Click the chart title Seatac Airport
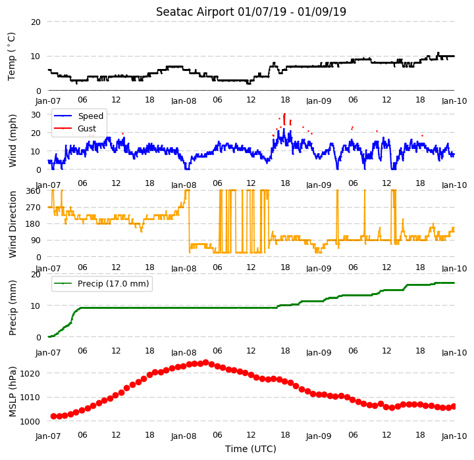(x=195, y=12)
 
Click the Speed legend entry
(x=78, y=116)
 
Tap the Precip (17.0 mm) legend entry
(x=101, y=284)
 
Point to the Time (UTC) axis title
(x=251, y=449)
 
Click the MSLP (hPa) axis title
(x=13, y=392)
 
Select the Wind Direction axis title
(x=13, y=224)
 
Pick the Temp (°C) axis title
(x=11, y=57)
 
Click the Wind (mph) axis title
(x=13, y=141)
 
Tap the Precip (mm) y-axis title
(x=13, y=308)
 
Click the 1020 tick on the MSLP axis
(x=30, y=374)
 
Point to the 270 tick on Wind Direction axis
(x=34, y=208)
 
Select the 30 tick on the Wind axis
(x=36, y=115)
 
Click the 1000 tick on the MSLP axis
(x=30, y=421)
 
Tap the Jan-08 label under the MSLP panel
(x=184, y=436)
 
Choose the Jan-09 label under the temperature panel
(x=319, y=101)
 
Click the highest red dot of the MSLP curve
(x=206, y=363)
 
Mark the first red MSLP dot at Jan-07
(x=53, y=417)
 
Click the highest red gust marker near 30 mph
(x=284, y=114)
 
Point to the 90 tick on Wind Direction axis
(x=36, y=241)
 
